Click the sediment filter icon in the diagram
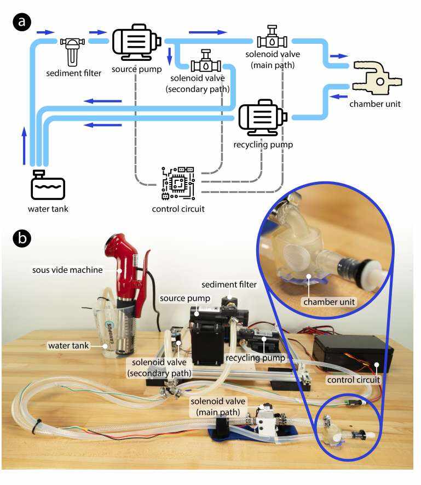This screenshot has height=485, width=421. coord(70,50)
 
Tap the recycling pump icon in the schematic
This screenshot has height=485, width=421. coord(263,117)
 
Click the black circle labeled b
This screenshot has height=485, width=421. coord(24,239)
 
